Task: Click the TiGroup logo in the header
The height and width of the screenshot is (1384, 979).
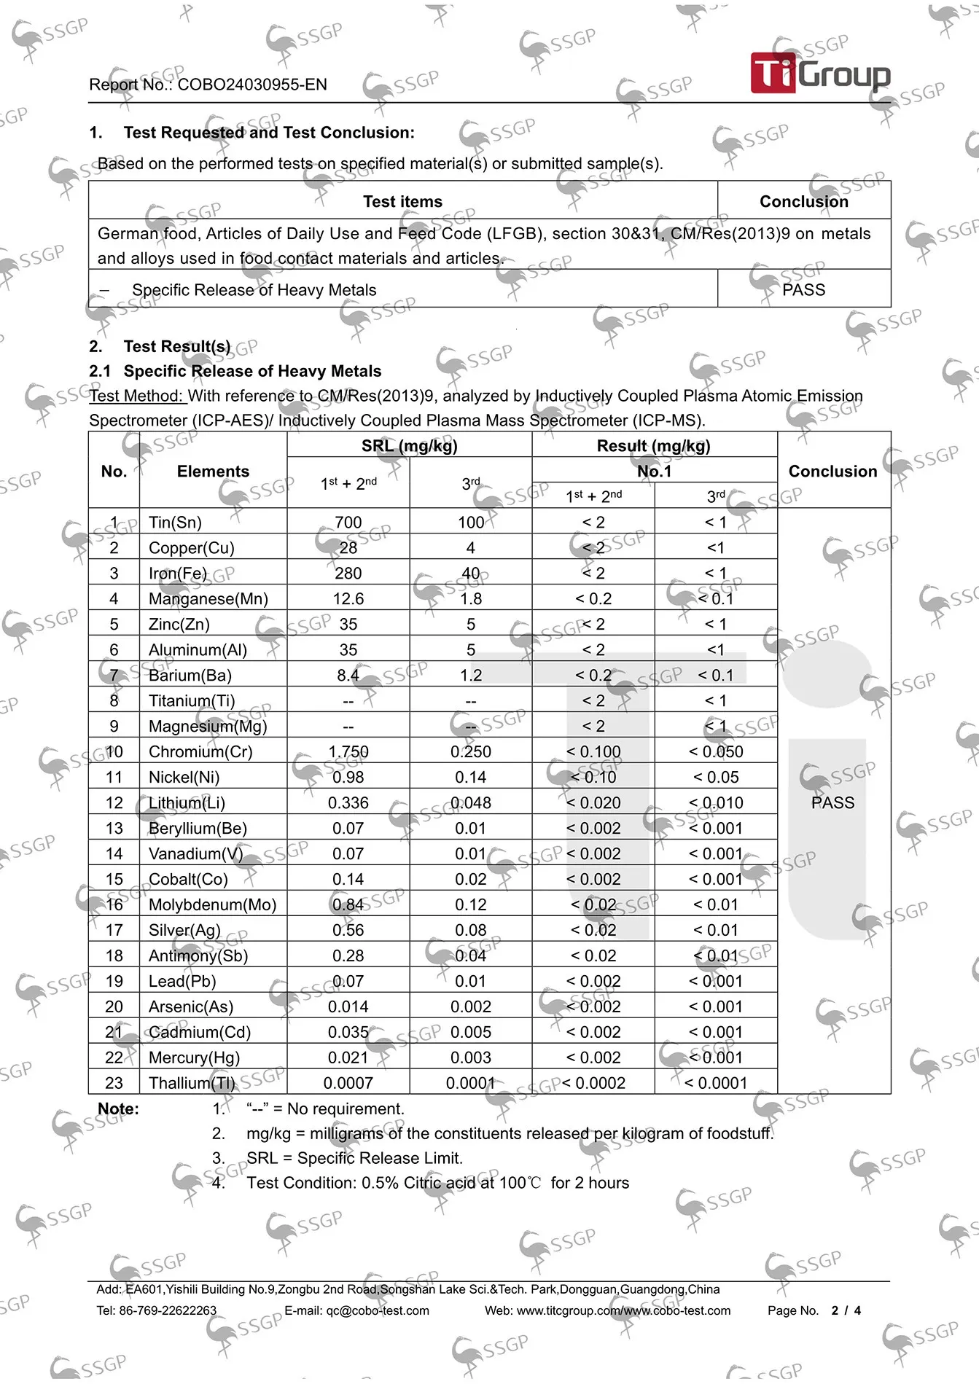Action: point(820,73)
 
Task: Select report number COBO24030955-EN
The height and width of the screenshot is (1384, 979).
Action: point(252,85)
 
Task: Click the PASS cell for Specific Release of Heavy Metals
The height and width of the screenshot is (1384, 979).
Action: point(803,290)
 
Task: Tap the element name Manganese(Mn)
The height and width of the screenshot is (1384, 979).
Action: point(208,599)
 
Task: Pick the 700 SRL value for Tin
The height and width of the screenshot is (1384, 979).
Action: point(348,523)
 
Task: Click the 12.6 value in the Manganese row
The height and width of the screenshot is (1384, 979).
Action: point(348,599)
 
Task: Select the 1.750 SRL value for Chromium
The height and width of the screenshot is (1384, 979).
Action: point(348,751)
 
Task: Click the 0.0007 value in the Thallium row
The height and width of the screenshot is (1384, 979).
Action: point(348,1083)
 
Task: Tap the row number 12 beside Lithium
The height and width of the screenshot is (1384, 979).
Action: point(114,802)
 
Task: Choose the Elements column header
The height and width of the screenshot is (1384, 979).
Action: point(213,472)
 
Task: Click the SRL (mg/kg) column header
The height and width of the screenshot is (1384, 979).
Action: point(409,446)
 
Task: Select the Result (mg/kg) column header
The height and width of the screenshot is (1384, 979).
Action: point(654,446)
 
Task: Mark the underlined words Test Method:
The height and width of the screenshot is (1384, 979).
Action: point(136,396)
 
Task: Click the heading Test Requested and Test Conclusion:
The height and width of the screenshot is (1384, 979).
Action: point(269,133)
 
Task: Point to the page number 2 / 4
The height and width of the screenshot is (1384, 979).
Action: point(846,1310)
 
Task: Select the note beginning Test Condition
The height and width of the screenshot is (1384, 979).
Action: point(437,1183)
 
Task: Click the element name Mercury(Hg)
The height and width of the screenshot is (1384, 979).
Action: point(194,1057)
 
